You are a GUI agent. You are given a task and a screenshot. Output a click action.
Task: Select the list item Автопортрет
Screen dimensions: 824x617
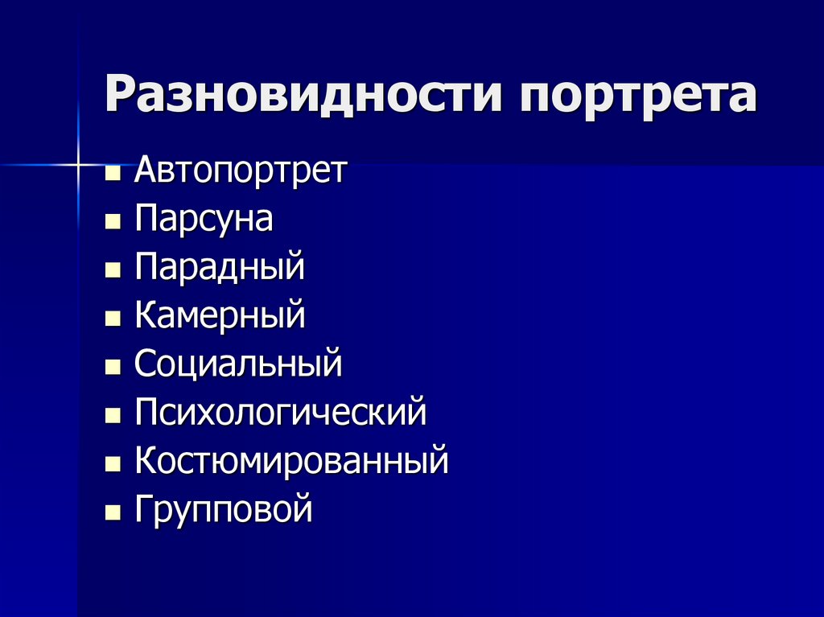pyautogui.click(x=241, y=171)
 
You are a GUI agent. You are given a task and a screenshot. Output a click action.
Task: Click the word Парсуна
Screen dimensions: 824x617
pyautogui.click(x=204, y=219)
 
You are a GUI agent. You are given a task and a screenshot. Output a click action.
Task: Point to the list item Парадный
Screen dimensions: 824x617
pyautogui.click(x=220, y=267)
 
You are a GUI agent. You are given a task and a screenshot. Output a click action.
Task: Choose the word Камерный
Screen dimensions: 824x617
pyautogui.click(x=220, y=315)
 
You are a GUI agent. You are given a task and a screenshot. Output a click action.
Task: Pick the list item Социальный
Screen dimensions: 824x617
pyautogui.click(x=238, y=364)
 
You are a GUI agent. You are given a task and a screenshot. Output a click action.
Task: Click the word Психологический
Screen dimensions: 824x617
pyautogui.click(x=281, y=412)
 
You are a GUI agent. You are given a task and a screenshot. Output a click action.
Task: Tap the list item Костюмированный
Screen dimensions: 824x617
pyautogui.click(x=291, y=460)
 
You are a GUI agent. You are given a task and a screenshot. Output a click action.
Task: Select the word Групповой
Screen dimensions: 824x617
pyautogui.click(x=224, y=508)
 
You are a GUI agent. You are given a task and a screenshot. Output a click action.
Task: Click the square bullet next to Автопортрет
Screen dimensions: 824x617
pyautogui.click(x=113, y=173)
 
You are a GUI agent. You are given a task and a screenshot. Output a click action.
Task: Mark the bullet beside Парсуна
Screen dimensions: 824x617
pyautogui.click(x=113, y=221)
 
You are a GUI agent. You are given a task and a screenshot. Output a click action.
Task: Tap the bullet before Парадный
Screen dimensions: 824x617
pyautogui.click(x=113, y=269)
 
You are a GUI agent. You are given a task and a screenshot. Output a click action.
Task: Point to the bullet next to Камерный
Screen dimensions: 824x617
pyautogui.click(x=113, y=318)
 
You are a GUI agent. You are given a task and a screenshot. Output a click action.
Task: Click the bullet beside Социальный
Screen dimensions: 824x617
pyautogui.click(x=113, y=366)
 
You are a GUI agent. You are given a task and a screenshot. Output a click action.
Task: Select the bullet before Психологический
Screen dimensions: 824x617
pyautogui.click(x=113, y=415)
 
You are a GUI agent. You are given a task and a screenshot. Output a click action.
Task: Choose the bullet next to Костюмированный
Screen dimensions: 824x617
pyautogui.click(x=113, y=463)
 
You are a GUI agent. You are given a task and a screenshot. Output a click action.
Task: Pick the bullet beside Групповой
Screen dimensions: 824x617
pyautogui.click(x=113, y=512)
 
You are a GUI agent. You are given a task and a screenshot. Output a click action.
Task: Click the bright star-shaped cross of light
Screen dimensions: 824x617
pyautogui.click(x=78, y=165)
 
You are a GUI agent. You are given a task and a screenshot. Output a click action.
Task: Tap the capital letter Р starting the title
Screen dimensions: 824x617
pyautogui.click(x=123, y=93)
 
